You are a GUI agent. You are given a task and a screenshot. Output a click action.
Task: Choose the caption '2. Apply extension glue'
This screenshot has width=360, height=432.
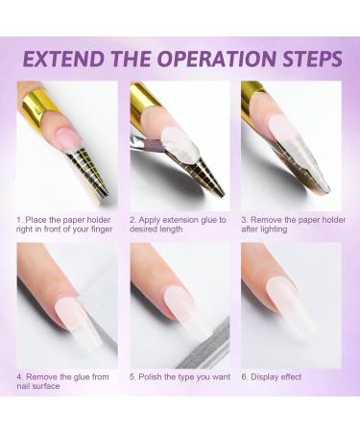pos(178,225)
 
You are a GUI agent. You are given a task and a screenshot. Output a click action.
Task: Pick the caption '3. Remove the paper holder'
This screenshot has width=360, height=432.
pos(290,225)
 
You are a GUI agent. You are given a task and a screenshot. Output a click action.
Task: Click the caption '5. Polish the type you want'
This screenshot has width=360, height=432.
pos(178,376)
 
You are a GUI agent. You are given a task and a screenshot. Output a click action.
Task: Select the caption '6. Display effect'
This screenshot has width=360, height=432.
pos(273,376)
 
